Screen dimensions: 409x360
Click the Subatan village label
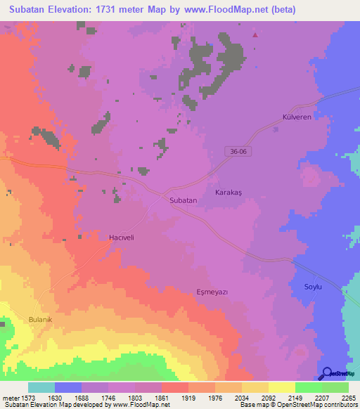point(184,200)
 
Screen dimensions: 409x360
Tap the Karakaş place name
point(229,191)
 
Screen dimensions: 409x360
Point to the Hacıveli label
point(121,238)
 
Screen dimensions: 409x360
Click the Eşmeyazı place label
point(213,291)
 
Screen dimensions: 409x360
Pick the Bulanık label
point(41,319)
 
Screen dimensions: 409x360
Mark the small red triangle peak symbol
point(255,34)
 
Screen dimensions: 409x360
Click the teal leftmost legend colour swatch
point(41,387)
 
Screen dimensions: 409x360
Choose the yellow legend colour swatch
point(281,387)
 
